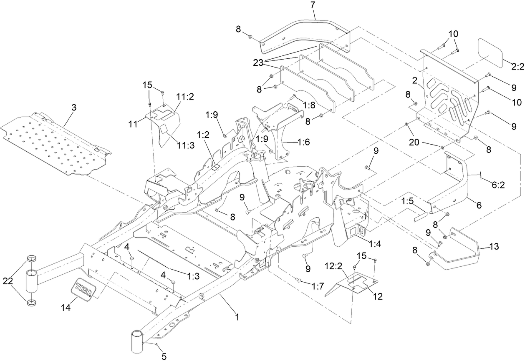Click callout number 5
[164, 356]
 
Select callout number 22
[8, 281]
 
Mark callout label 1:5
[407, 201]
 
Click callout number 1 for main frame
[237, 317]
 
